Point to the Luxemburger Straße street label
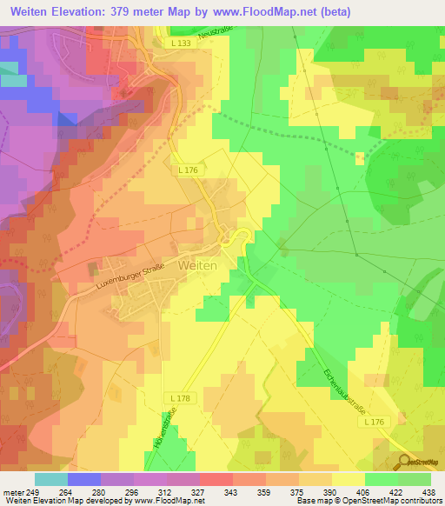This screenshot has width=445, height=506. tap(119, 277)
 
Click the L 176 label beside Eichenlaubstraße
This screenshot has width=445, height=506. tap(374, 422)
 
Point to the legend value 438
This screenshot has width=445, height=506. tap(429, 491)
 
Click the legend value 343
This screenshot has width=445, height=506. tap(231, 491)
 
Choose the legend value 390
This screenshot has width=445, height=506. tap(330, 491)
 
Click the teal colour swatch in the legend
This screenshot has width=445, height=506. tap(51, 478)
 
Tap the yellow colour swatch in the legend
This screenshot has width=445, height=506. tap(348, 478)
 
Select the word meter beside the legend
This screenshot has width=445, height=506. tap(13, 491)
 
